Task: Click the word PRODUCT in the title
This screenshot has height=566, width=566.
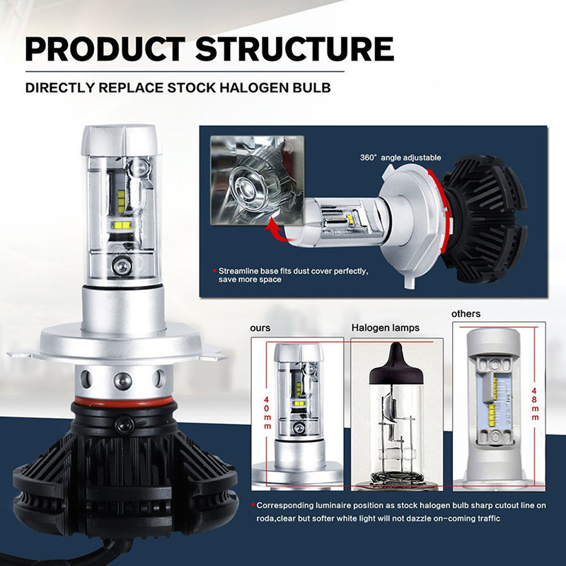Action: coord(105,49)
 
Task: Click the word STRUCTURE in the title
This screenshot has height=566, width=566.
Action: coord(294,49)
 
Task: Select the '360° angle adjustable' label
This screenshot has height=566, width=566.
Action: coord(400,158)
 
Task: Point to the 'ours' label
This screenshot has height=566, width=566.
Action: coord(260,328)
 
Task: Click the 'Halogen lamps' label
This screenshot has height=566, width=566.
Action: coord(386,328)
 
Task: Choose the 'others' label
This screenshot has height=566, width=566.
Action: coord(466,313)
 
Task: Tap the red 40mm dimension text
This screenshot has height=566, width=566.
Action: coord(267,412)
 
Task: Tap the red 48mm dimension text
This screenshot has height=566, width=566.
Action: coord(535,404)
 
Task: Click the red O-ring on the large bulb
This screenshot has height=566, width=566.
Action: coord(123,402)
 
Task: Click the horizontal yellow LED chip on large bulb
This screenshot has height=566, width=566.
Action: coord(122,225)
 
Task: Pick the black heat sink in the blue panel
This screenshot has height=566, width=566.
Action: coord(483,219)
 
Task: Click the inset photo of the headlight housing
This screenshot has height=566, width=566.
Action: coord(258,180)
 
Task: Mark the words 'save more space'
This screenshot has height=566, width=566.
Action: coord(250,279)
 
